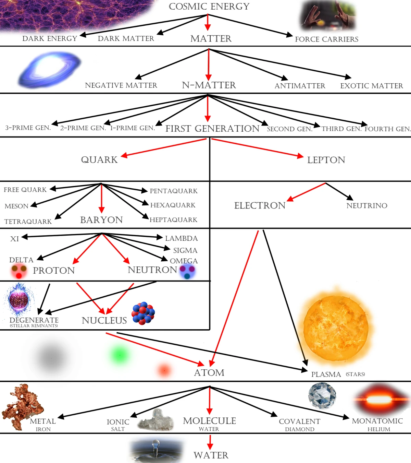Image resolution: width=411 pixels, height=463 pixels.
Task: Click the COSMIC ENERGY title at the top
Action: (209, 7)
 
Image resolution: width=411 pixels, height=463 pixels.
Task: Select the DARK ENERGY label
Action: (50, 38)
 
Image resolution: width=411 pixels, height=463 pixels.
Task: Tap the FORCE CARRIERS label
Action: (326, 39)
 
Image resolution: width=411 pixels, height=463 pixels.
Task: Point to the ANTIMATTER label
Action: (300, 86)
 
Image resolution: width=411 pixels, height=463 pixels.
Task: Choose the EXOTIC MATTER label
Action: (371, 86)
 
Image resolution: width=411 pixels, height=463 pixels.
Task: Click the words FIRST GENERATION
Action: (212, 129)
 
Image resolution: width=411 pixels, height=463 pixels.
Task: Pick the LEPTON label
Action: (326, 160)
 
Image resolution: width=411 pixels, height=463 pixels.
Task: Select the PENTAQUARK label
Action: (174, 191)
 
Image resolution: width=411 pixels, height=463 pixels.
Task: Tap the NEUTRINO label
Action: (367, 205)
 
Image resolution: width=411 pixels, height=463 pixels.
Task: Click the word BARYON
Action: (101, 220)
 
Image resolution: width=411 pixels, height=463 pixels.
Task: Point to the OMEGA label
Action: (184, 261)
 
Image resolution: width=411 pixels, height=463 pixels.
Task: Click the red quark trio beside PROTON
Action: (19, 271)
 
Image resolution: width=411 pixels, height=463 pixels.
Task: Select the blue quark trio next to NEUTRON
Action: (187, 271)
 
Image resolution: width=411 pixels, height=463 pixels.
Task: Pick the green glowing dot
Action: (120, 355)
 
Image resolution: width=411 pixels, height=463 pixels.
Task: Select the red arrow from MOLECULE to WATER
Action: (210, 442)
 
